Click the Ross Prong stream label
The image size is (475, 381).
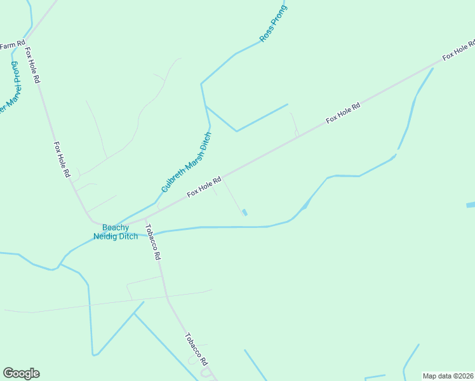pos(274,24)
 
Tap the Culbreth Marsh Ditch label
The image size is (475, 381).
pos(186,162)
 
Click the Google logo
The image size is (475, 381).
pos(21,373)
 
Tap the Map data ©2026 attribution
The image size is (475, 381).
pos(448,376)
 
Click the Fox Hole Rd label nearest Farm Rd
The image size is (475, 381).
pos(32,65)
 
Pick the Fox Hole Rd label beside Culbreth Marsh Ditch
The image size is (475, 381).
pos(204,186)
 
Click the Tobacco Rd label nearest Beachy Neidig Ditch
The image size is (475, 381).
pos(153,242)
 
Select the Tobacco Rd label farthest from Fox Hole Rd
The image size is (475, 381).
pos(196,349)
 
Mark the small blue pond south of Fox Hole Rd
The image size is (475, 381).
pos(245,213)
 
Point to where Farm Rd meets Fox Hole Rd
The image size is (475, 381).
pos(25,40)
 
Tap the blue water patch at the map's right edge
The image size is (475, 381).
pos(471,205)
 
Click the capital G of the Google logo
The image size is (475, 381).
pos(8,373)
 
